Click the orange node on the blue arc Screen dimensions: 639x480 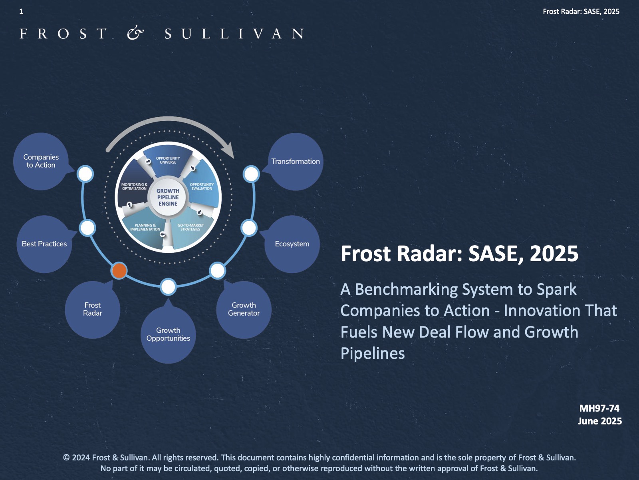119,270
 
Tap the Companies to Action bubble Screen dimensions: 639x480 41,162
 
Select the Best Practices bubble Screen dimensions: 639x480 44,244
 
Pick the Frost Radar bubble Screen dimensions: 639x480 93,310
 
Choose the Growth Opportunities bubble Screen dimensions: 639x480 168,334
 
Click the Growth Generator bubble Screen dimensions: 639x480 244,310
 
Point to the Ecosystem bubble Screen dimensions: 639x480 292,244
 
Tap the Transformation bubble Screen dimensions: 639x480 295,162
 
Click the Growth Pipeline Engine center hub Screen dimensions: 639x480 168,197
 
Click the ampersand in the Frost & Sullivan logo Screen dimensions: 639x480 135,34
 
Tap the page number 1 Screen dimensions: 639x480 21,11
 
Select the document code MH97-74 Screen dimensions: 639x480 599,408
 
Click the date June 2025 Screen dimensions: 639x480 600,421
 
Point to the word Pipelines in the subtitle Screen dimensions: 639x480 373,354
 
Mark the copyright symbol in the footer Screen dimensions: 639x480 66,458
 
